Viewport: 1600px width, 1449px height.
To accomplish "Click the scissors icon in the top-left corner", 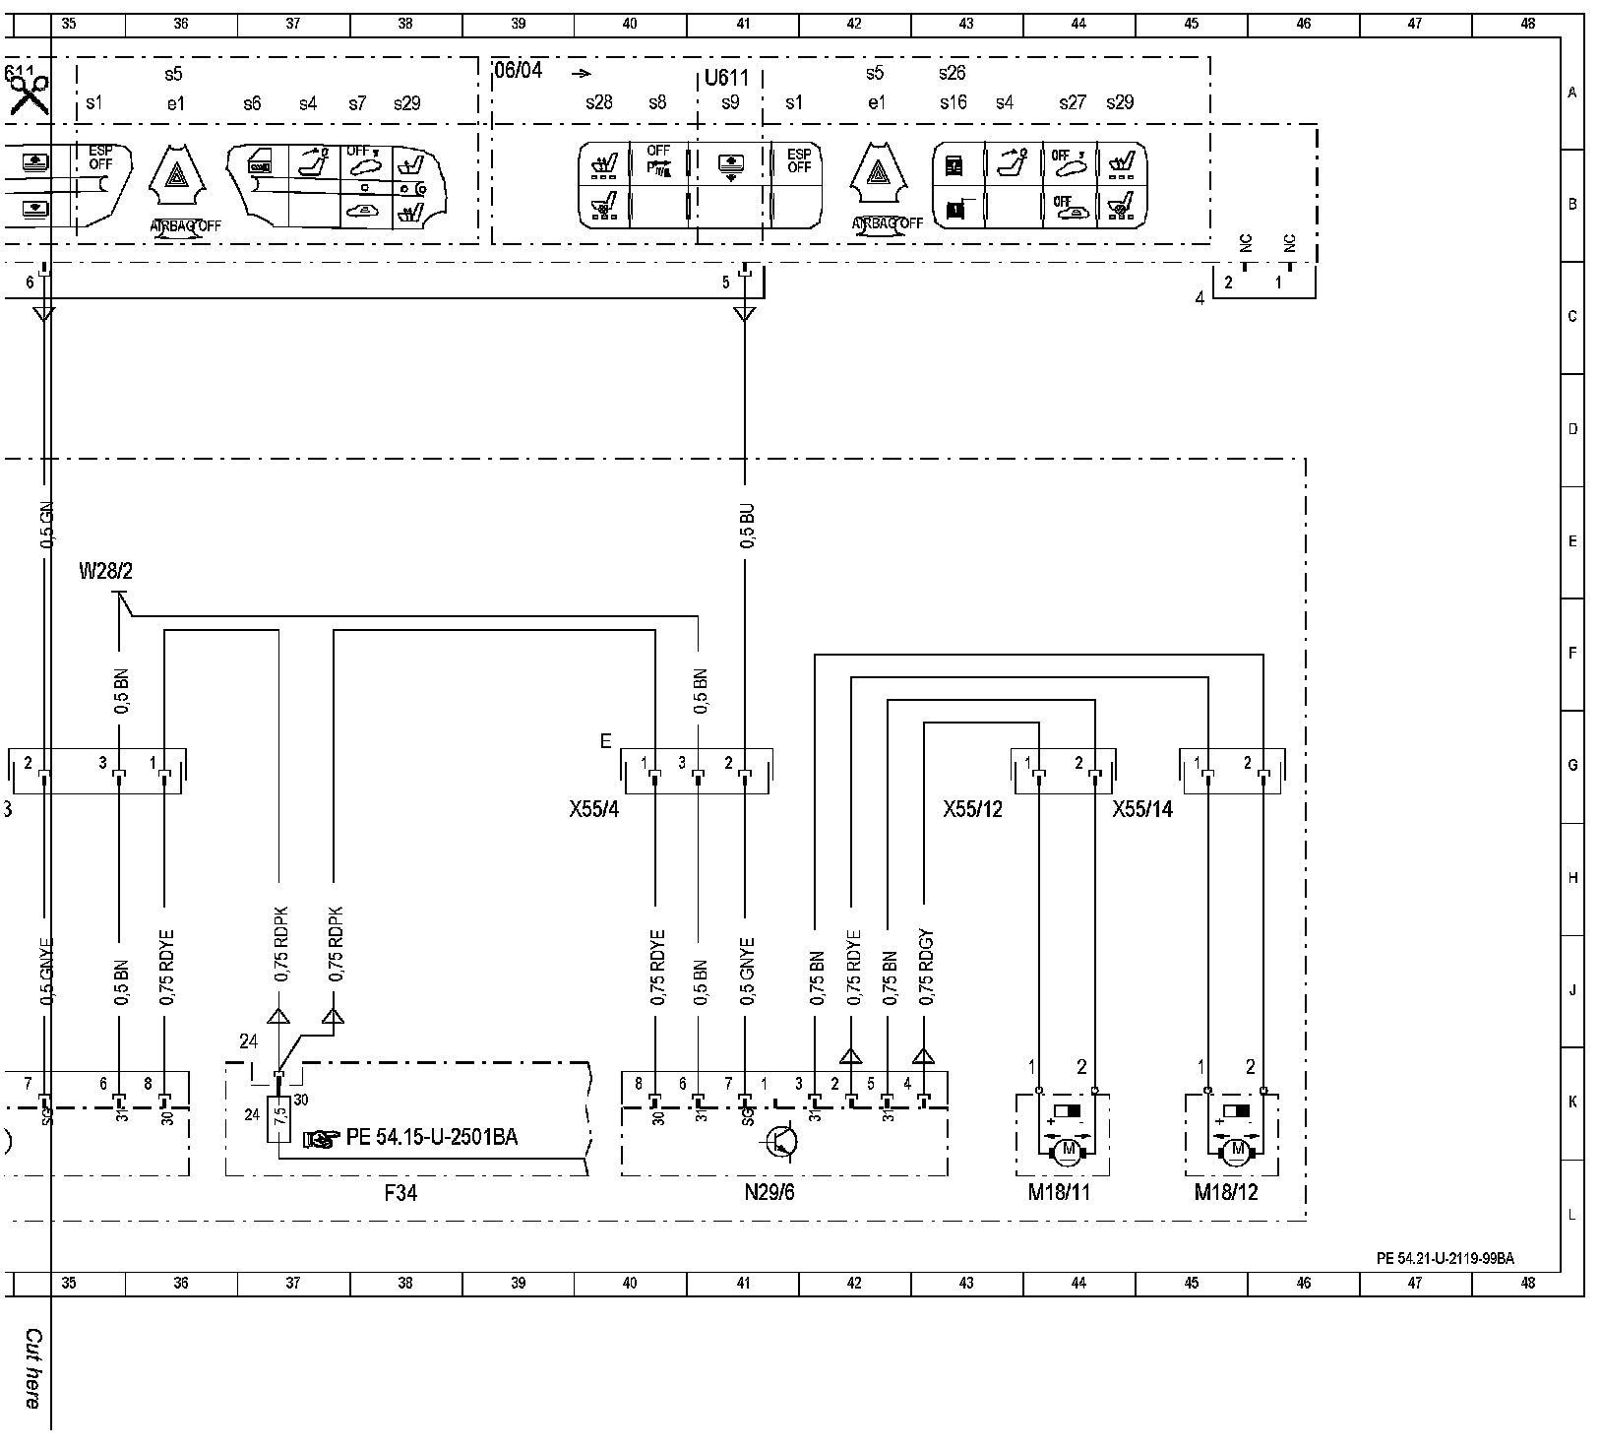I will click(30, 94).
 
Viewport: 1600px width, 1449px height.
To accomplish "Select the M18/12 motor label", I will click(1226, 1193).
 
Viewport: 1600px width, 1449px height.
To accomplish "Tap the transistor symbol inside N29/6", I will click(783, 1141).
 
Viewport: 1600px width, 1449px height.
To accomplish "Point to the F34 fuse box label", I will click(400, 1193).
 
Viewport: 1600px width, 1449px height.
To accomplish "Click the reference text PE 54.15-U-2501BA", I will click(431, 1138).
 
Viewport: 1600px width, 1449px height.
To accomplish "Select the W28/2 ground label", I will click(104, 572).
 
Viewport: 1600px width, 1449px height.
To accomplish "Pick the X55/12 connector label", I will click(972, 809).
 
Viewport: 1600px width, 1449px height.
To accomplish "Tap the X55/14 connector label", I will click(1142, 809).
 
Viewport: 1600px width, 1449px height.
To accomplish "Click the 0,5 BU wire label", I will click(748, 529).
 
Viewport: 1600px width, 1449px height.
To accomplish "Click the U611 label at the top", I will click(727, 78).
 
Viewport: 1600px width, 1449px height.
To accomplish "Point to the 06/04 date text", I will click(518, 71).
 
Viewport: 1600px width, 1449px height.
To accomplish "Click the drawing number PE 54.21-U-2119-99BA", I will click(1445, 1258).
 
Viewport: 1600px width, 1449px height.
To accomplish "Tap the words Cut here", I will click(32, 1367).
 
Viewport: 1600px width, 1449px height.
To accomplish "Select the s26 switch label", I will click(952, 73).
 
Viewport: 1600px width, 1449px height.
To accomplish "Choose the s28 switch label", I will click(598, 102).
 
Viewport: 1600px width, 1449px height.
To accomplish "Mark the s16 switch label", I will click(953, 102).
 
